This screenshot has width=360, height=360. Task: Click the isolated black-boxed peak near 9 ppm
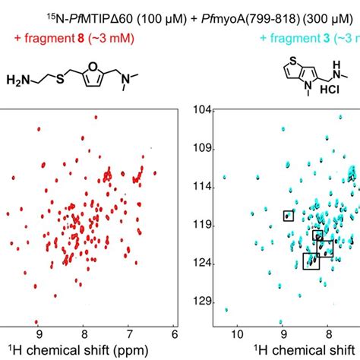(x=288, y=216)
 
